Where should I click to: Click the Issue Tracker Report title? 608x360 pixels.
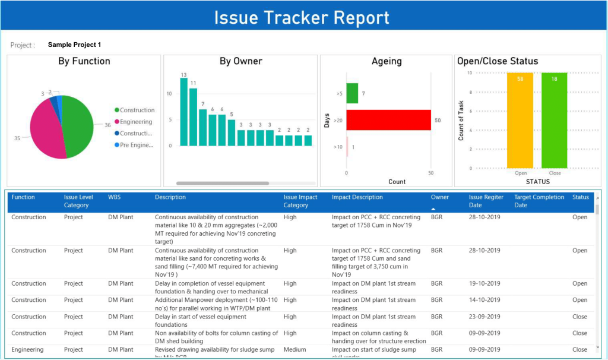coord(302,17)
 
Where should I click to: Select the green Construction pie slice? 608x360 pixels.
coord(80,125)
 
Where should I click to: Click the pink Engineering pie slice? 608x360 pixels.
coord(46,128)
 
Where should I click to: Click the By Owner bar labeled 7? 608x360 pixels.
coord(202,127)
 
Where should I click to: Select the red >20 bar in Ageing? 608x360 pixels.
coord(388,120)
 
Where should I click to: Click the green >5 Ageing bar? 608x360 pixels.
coord(352,93)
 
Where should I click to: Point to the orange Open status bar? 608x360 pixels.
coord(520,120)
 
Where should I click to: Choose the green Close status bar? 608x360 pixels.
coord(554,120)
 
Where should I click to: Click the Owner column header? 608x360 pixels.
coord(439,197)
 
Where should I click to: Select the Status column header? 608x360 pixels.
coord(580,197)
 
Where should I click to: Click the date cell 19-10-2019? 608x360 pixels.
coord(484,284)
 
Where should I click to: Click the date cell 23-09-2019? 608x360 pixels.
coord(484,317)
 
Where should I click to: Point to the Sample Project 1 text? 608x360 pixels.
coord(74,45)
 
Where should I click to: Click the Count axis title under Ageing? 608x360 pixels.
coord(397,182)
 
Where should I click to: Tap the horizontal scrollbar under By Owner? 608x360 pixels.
coord(223,184)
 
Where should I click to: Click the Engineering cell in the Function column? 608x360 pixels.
coord(27,350)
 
